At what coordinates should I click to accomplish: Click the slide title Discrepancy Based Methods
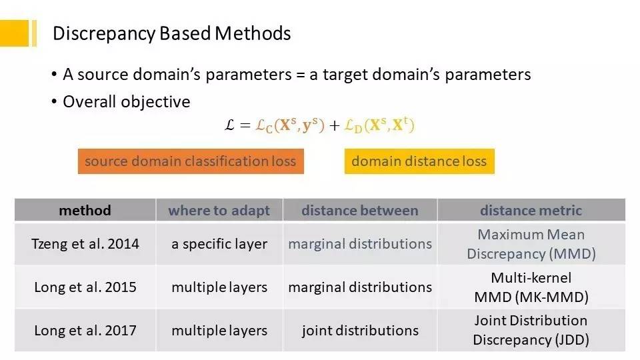coord(171,33)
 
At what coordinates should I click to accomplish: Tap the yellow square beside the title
coord(15,33)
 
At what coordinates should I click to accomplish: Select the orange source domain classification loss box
coord(191,161)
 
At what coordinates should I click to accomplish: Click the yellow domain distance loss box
coord(419,161)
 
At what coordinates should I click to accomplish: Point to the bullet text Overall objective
coord(126,102)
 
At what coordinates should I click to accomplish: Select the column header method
coord(85,211)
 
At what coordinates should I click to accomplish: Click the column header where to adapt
coord(219,211)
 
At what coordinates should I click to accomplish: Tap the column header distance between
coord(360,211)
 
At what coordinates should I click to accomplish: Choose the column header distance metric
coord(531,211)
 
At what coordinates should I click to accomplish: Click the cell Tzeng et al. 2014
coord(85,244)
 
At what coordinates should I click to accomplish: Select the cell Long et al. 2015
coord(85,287)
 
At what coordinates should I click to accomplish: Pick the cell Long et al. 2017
coord(85,330)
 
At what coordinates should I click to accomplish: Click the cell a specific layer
coord(219,244)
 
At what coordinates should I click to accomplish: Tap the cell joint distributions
coord(360,330)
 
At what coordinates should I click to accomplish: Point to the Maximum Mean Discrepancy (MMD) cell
coord(531,244)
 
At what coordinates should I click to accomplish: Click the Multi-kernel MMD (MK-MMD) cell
coord(531,287)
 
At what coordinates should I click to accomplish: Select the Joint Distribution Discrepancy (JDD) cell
coord(531,330)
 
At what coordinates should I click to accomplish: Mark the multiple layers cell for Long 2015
coord(219,287)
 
